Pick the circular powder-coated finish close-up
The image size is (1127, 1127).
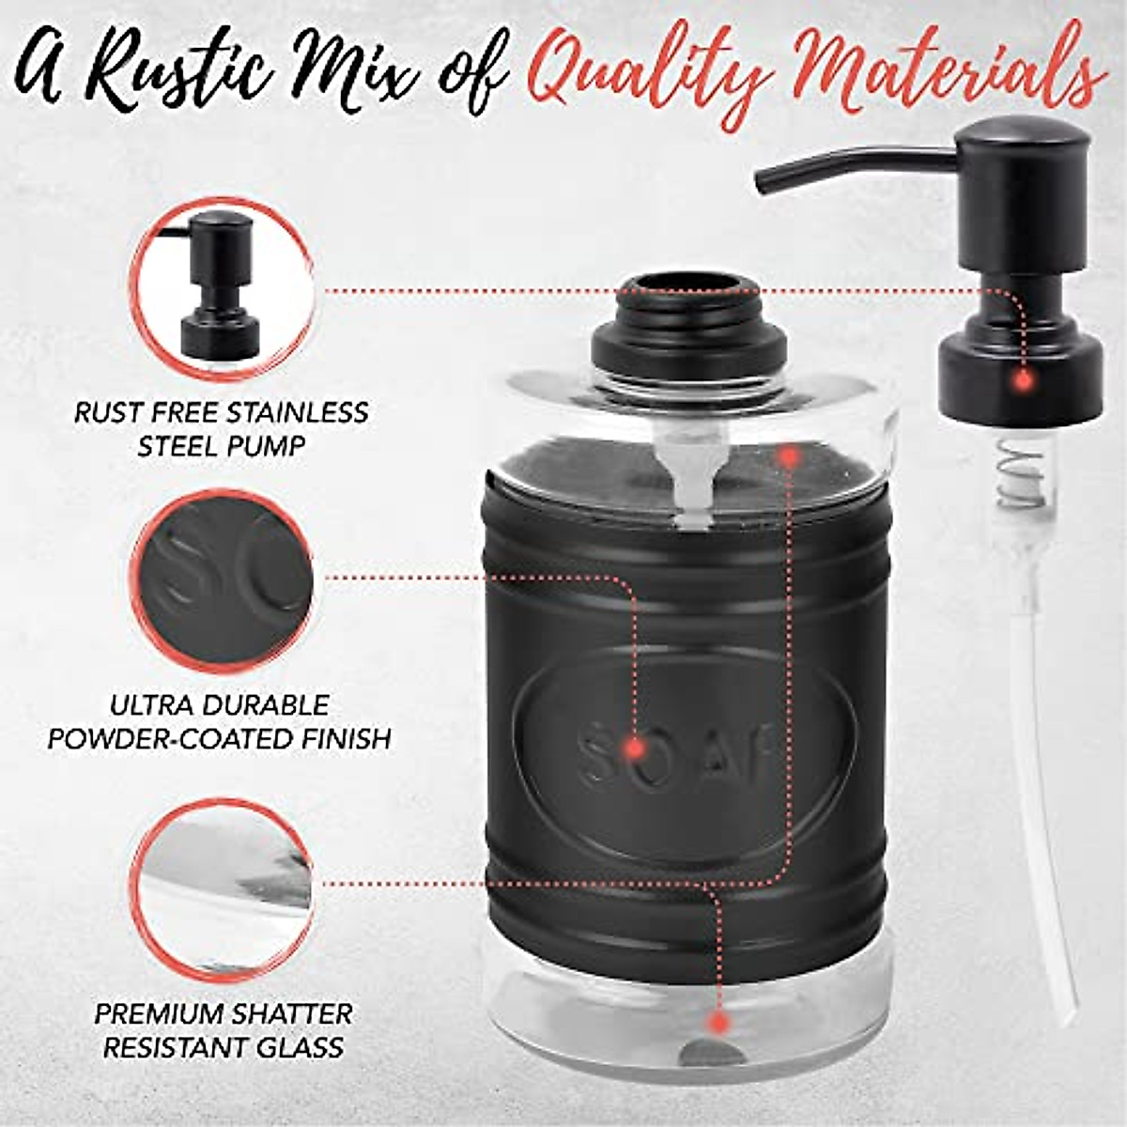[222, 578]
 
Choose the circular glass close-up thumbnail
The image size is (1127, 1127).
[222, 888]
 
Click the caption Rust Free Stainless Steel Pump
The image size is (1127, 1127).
[222, 428]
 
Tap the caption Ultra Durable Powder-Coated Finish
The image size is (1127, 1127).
[220, 721]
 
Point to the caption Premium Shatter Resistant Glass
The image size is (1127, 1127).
[224, 1030]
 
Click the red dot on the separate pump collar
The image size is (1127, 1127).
[1023, 381]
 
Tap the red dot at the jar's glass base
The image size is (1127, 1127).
[718, 1022]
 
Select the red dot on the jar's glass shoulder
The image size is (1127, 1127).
[789, 456]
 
